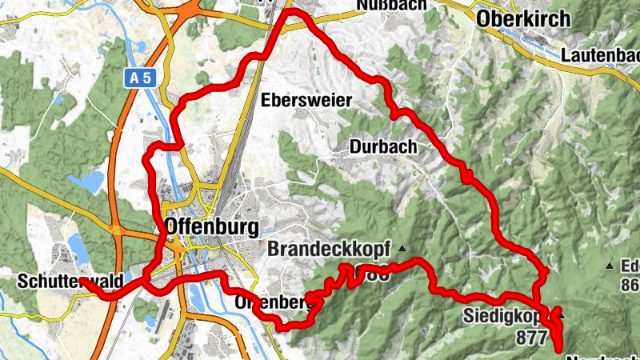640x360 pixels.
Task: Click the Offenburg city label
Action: pyautogui.click(x=210, y=226)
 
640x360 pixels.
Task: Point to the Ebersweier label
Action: pyautogui.click(x=307, y=101)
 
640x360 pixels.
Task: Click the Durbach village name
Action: pyautogui.click(x=383, y=146)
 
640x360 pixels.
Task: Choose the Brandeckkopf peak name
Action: pyautogui.click(x=328, y=250)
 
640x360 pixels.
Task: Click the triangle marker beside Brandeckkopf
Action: pyautogui.click(x=402, y=248)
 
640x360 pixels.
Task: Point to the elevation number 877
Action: pyautogui.click(x=532, y=336)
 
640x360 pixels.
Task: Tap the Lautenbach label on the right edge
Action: pyautogui.click(x=600, y=56)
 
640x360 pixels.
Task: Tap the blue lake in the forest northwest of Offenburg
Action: pyautogui.click(x=86, y=182)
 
